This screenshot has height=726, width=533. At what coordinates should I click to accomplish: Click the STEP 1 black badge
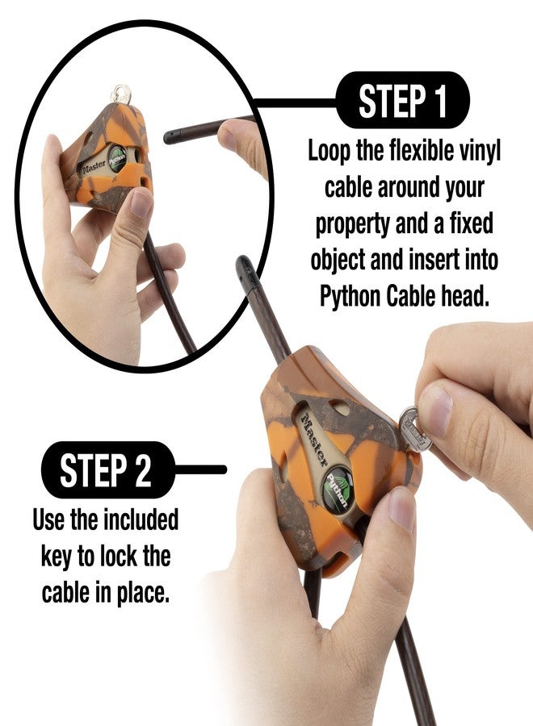pos(402,101)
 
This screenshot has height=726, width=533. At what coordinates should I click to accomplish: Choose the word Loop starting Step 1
pos(331,152)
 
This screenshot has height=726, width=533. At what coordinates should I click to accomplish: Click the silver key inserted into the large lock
pos(414,428)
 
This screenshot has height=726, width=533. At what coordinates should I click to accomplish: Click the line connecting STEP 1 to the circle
pos(295,102)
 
